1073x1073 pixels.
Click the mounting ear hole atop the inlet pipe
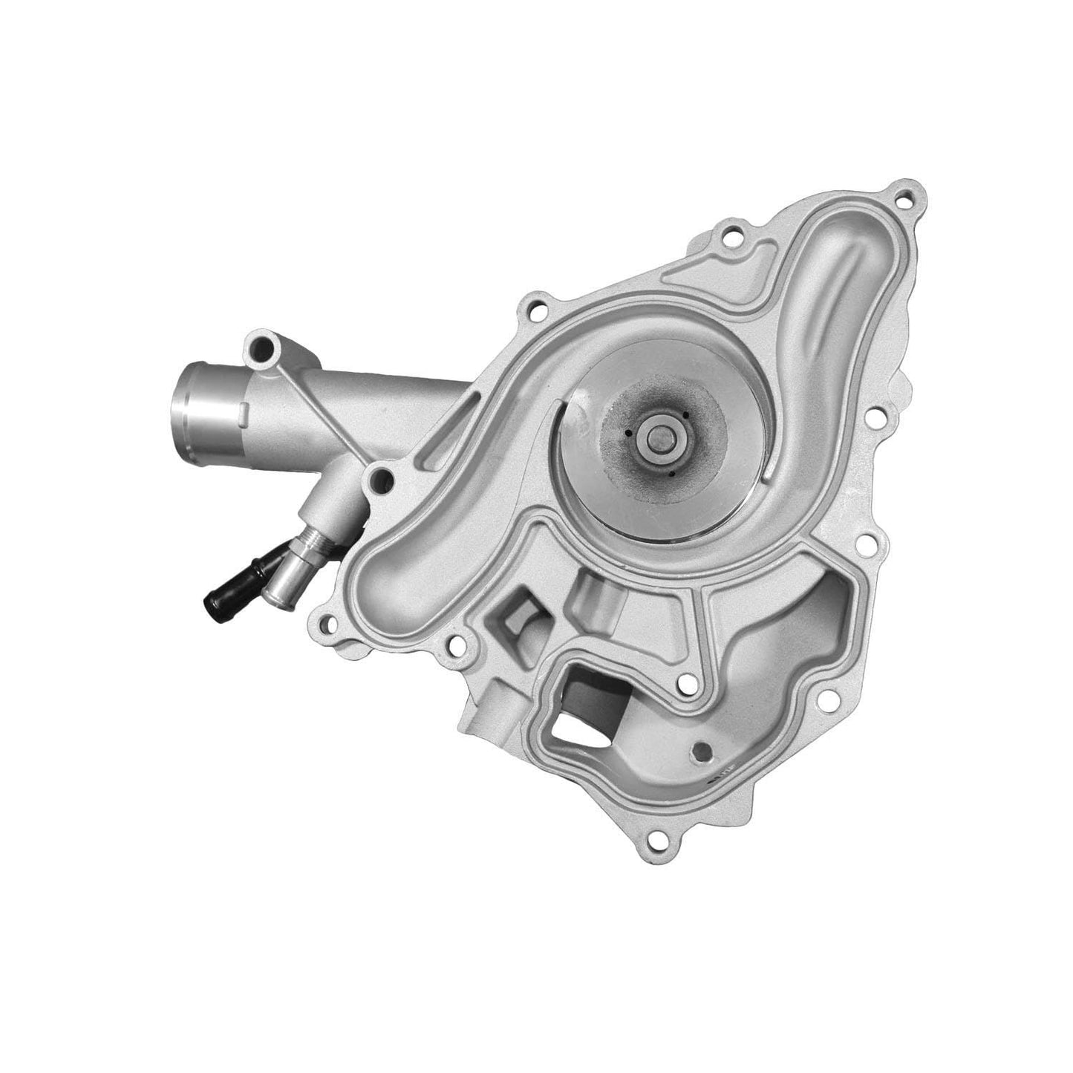264,345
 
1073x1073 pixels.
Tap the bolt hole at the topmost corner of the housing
904,199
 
